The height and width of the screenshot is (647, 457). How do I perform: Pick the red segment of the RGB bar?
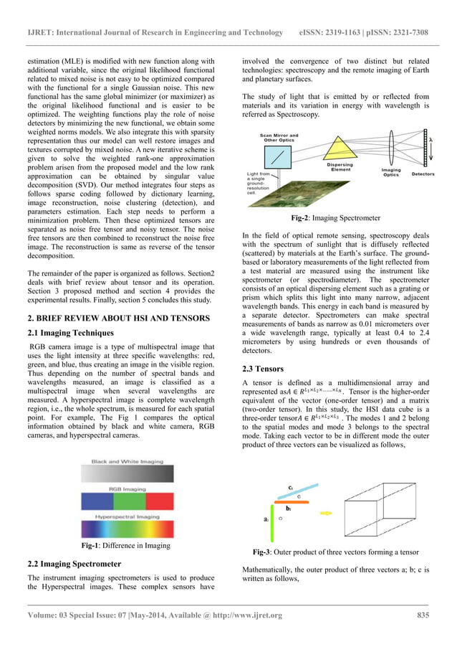click(95, 499)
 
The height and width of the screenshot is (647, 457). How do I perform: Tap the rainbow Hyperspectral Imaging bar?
click(126, 526)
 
